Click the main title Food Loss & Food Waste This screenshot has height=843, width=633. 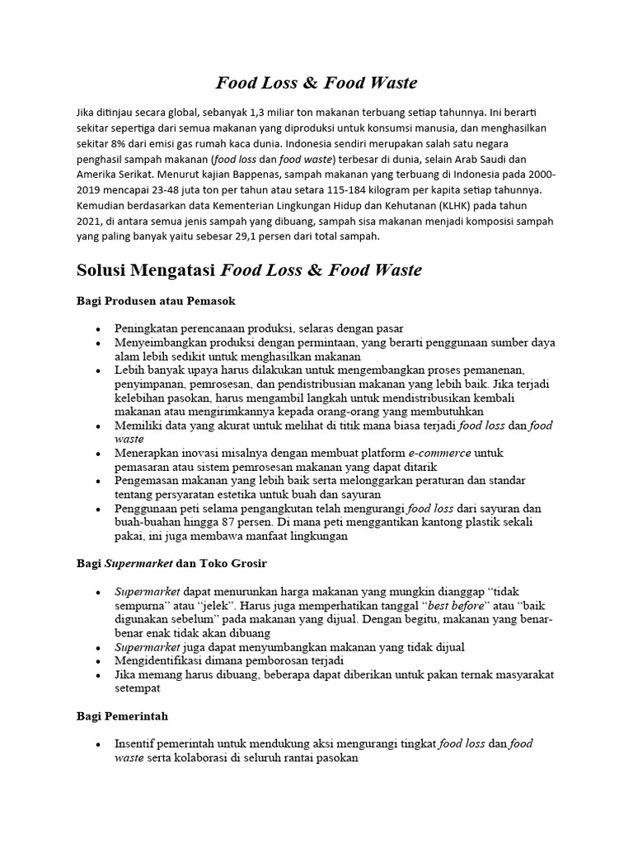(x=316, y=82)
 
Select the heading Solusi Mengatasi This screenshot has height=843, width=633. (x=145, y=271)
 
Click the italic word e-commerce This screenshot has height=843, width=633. (x=440, y=453)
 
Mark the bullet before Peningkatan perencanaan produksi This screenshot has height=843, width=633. (x=98, y=328)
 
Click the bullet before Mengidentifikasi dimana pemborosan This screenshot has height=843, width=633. (x=98, y=661)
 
